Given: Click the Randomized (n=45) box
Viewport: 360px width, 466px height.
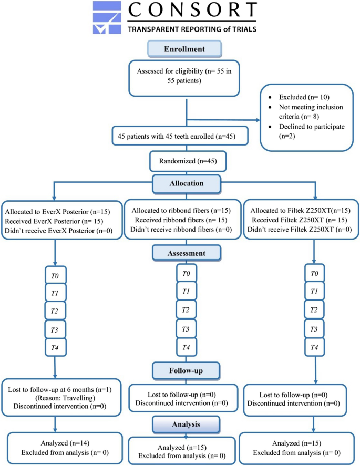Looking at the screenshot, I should point(188,162).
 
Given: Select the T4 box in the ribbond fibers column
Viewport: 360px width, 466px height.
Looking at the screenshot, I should point(186,347).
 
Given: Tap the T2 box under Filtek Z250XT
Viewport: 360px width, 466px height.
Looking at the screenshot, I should point(315,310).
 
